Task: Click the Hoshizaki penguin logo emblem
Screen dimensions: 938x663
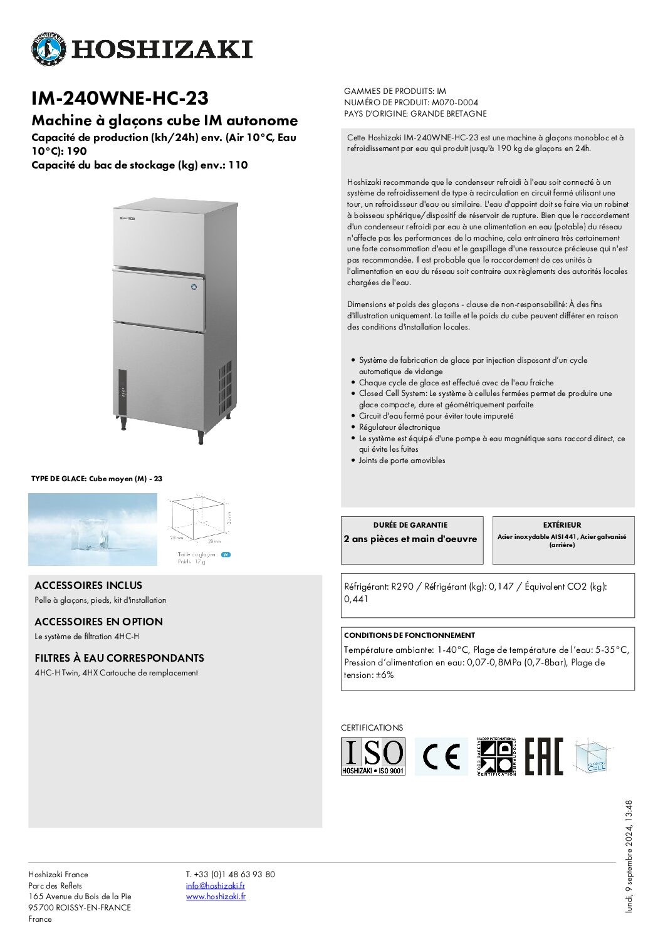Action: (48, 49)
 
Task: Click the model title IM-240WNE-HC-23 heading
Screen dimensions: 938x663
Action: (120, 98)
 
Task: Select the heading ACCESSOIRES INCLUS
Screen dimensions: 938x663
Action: (88, 585)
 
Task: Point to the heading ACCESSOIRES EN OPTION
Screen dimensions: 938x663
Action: (98, 622)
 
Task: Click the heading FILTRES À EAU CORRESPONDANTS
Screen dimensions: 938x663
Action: (119, 658)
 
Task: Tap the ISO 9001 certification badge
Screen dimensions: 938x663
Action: (373, 756)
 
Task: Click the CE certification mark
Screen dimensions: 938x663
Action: (441, 756)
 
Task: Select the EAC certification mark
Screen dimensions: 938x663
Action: (544, 756)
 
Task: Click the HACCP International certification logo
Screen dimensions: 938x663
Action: (496, 756)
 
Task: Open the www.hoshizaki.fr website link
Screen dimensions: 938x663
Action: (216, 897)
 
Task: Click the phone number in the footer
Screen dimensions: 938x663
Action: (230, 874)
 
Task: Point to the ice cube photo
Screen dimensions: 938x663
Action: (93, 529)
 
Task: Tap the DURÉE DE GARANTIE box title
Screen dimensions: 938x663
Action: (410, 525)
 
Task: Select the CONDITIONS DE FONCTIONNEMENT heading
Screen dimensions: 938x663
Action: (409, 635)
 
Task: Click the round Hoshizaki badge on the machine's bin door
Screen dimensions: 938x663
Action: (194, 288)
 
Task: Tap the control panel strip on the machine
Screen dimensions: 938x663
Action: (123, 393)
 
